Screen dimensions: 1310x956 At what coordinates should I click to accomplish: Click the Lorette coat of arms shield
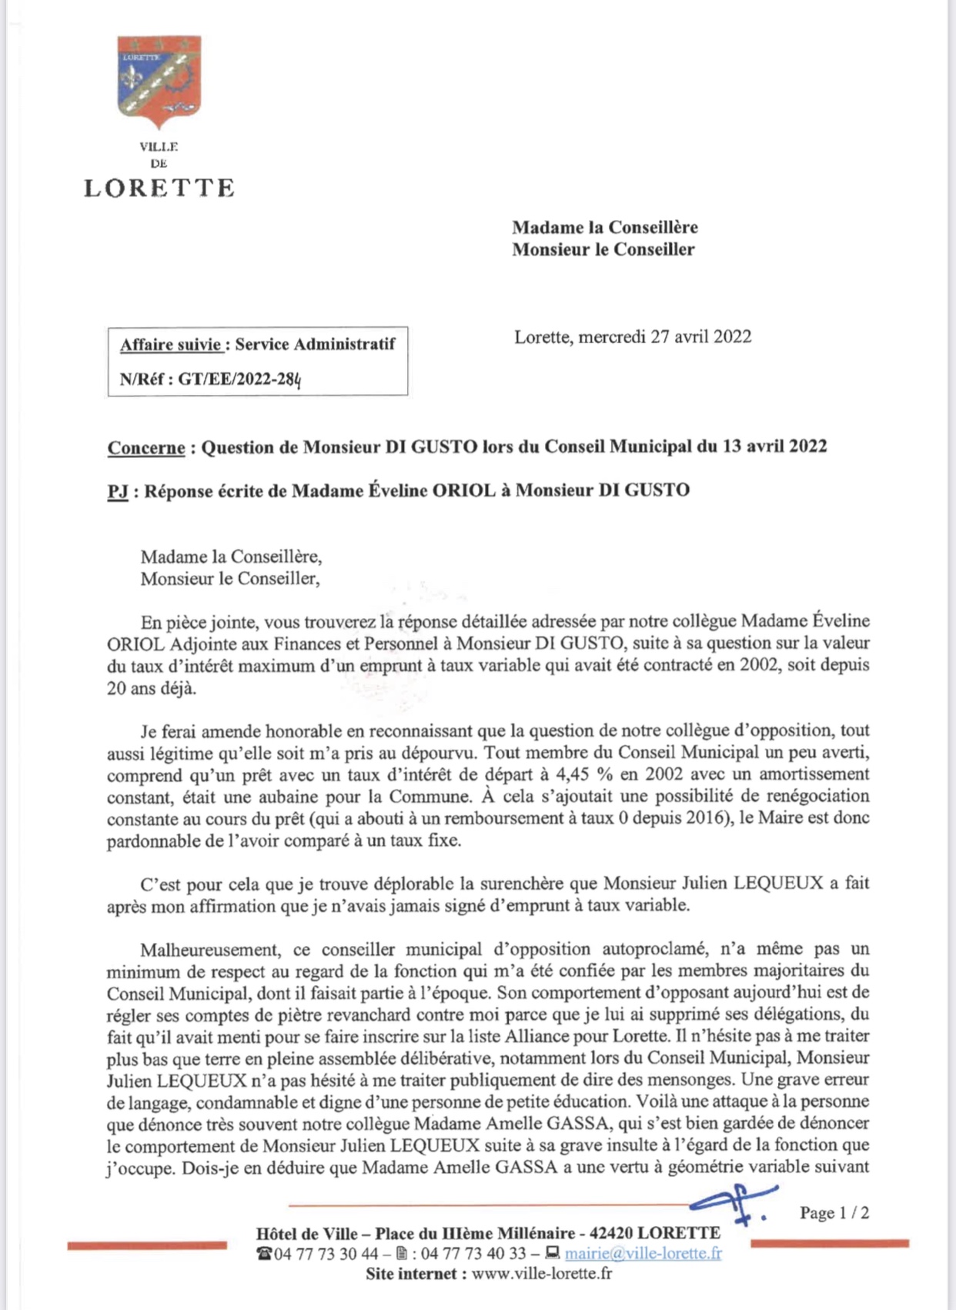tap(159, 80)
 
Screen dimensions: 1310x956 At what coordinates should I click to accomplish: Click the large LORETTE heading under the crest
tap(159, 189)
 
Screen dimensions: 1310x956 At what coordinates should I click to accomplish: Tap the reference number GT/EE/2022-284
tap(239, 379)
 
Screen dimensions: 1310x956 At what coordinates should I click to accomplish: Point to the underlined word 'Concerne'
tap(146, 448)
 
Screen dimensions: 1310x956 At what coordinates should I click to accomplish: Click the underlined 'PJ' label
tap(118, 491)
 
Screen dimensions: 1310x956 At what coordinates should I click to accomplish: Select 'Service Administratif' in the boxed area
tap(315, 344)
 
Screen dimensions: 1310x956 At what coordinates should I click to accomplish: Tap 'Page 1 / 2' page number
tap(834, 1213)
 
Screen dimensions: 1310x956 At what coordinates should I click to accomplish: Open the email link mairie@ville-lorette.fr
tap(643, 1254)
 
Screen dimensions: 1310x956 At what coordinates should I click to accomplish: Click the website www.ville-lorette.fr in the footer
tap(542, 1274)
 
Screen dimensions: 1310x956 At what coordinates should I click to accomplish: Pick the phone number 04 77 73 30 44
tap(326, 1254)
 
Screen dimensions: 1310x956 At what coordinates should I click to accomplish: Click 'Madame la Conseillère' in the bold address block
tap(605, 228)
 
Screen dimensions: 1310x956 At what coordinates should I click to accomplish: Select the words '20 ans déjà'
tap(152, 688)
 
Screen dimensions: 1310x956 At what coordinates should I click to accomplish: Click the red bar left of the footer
tap(147, 1245)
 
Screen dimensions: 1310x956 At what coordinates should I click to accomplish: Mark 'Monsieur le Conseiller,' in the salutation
tap(229, 579)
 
